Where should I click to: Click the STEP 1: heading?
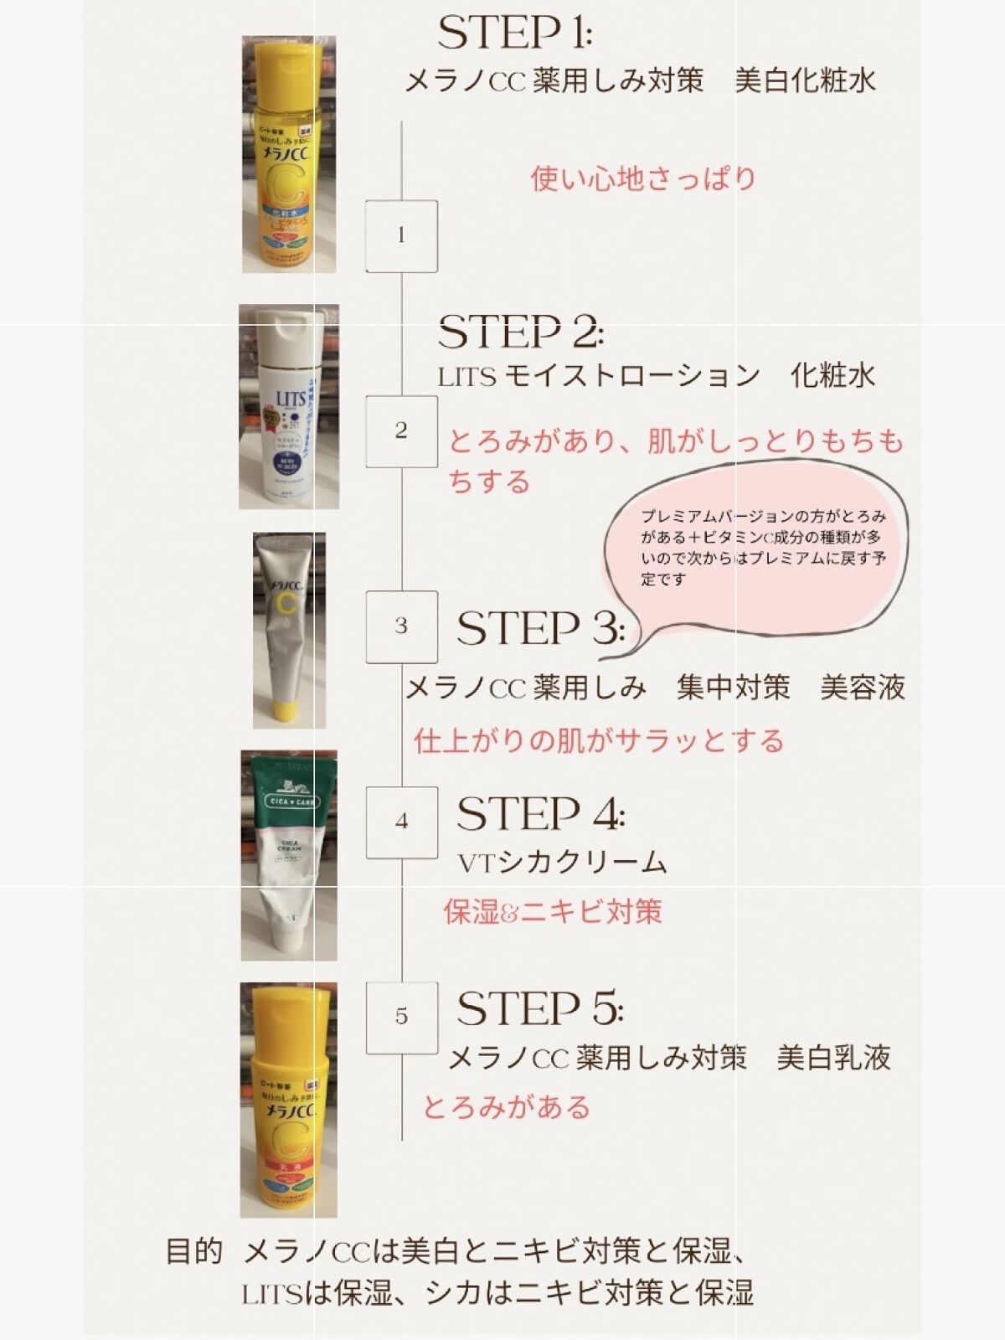(514, 33)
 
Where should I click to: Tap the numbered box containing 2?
(401, 431)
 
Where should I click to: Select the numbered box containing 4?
(401, 822)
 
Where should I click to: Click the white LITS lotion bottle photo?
(289, 407)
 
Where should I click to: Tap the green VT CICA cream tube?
(289, 854)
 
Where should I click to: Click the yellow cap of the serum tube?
(288, 714)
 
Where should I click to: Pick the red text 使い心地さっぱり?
(643, 178)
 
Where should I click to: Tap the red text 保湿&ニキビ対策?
(553, 911)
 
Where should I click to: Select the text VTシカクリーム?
(562, 863)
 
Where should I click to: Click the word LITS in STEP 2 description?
(467, 378)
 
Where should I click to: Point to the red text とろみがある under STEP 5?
(507, 1107)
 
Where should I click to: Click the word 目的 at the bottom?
(193, 1252)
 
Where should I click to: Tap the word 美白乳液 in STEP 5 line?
(833, 1059)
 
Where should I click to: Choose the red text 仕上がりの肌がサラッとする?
(599, 741)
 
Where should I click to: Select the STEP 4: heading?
(540, 814)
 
